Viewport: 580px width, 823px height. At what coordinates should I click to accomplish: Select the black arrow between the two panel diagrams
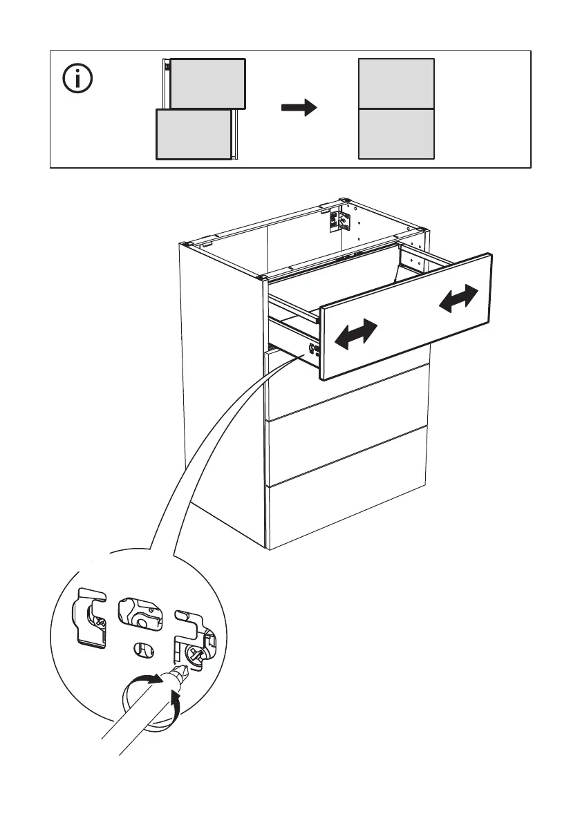[x=299, y=108]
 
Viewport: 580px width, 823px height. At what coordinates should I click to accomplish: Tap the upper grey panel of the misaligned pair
[x=207, y=84]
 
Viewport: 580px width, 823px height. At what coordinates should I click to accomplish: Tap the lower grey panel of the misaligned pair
[x=194, y=134]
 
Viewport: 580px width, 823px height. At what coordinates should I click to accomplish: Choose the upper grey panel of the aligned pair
[x=396, y=84]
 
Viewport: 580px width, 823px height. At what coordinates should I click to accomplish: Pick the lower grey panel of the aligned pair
[x=396, y=133]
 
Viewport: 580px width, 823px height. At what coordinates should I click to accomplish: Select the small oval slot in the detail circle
[x=140, y=650]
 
